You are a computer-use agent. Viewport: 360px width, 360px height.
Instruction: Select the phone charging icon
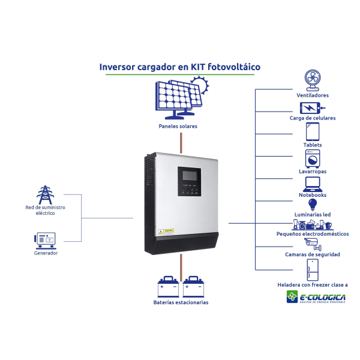click(x=311, y=108)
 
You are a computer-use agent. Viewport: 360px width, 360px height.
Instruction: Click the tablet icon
click(x=312, y=131)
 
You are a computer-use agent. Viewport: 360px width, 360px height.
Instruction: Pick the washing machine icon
click(x=312, y=158)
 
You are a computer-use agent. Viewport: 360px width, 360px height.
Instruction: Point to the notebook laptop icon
click(x=312, y=184)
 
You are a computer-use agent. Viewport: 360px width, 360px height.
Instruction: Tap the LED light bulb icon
click(x=312, y=205)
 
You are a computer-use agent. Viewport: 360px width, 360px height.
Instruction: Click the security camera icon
click(x=313, y=244)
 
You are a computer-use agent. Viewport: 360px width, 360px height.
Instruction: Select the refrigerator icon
click(x=312, y=270)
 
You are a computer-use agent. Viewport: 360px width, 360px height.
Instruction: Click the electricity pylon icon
click(x=45, y=194)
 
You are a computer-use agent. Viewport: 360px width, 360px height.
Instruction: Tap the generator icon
click(x=45, y=241)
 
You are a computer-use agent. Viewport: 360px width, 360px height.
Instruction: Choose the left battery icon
click(x=168, y=287)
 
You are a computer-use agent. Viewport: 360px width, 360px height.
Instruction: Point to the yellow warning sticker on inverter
click(x=169, y=231)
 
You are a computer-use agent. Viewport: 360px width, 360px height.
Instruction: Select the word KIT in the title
click(x=200, y=67)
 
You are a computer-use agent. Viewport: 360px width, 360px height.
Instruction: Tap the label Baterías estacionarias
click(x=181, y=302)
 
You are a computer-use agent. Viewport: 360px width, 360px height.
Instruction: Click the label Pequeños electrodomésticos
click(x=312, y=234)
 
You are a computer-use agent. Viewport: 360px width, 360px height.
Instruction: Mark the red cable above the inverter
click(x=181, y=142)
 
